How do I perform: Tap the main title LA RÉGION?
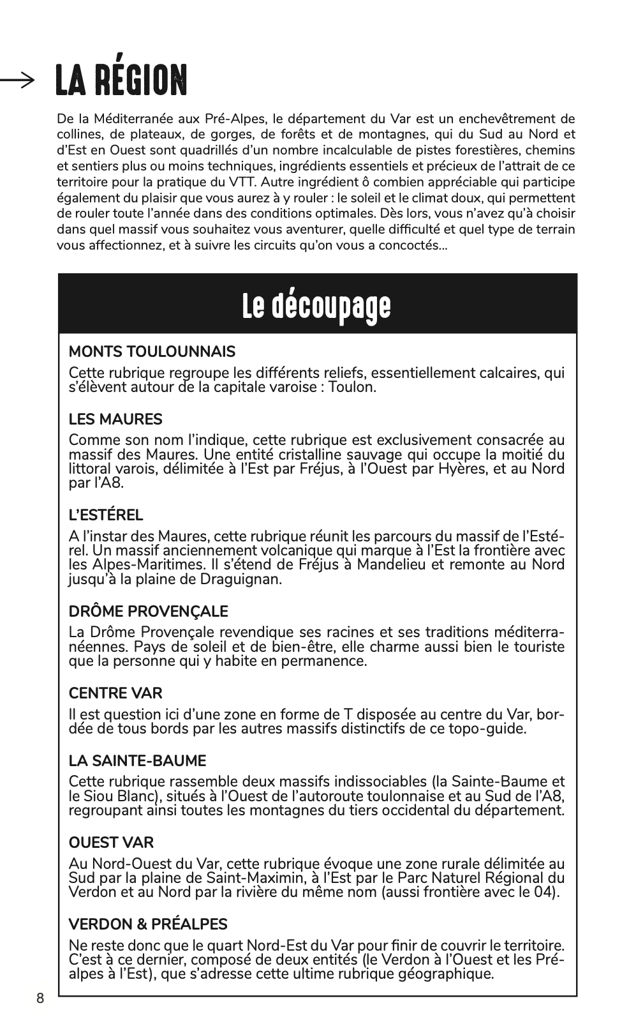(121, 80)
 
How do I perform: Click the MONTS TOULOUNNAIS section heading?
(152, 352)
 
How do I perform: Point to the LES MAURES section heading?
(115, 419)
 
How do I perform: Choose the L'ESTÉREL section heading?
(106, 515)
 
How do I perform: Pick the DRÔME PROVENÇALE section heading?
(148, 611)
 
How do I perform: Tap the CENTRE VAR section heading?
(115, 693)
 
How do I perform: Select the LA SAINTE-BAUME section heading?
(137, 760)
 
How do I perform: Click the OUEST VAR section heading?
(111, 842)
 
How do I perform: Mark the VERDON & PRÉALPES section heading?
(148, 924)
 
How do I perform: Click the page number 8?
(40, 999)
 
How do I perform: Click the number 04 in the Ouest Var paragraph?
(544, 891)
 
